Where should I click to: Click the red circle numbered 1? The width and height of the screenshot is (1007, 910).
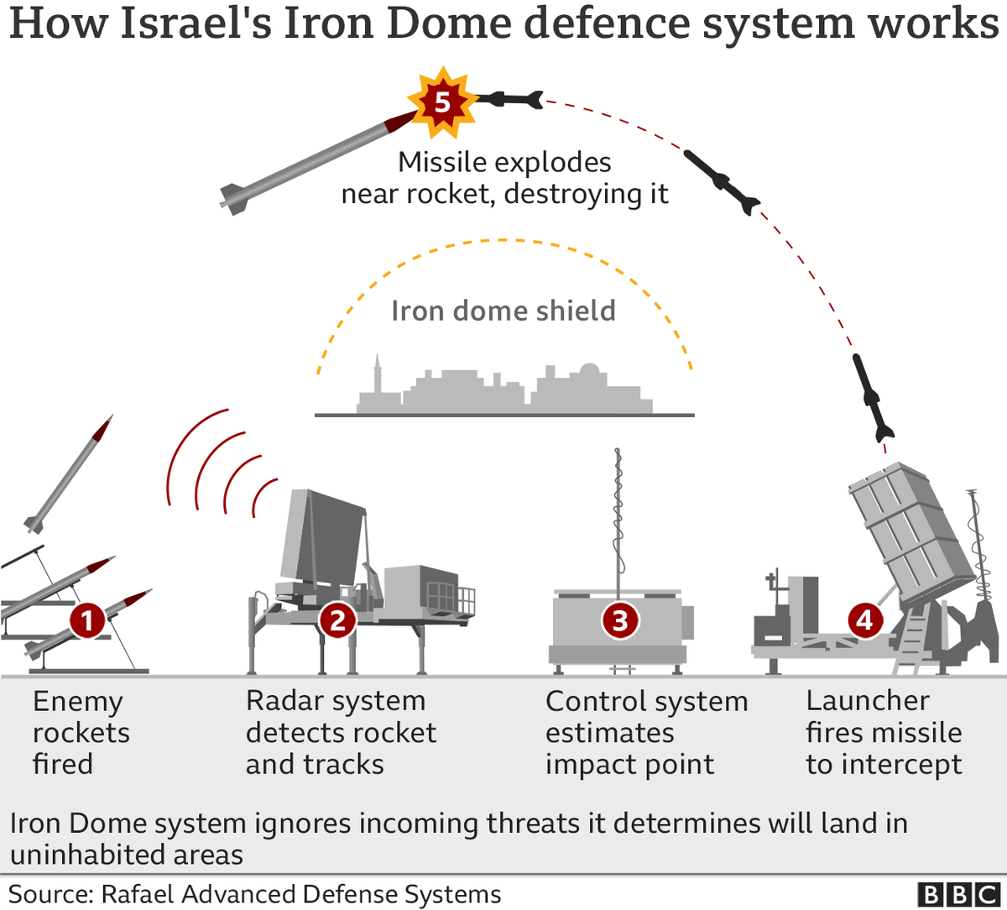(x=88, y=621)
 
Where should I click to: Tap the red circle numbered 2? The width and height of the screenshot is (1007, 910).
(x=337, y=621)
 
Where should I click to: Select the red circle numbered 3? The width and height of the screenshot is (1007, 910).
(x=620, y=621)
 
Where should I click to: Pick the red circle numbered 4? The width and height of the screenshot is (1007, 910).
(x=864, y=621)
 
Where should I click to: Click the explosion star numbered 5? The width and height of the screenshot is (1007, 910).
(x=441, y=103)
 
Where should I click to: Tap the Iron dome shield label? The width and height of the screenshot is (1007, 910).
(x=503, y=311)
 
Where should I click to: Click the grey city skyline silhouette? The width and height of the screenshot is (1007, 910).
(x=503, y=390)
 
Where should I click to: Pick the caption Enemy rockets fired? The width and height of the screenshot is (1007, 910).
(x=81, y=732)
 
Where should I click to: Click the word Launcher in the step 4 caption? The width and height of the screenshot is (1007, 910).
(x=868, y=700)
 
